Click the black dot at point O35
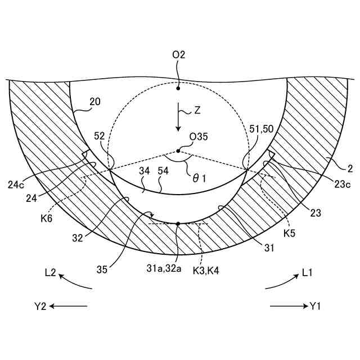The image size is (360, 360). tap(178, 151)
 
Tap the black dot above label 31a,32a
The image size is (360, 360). tap(178, 224)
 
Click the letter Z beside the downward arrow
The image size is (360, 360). tap(197, 111)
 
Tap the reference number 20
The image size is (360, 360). tap(95, 102)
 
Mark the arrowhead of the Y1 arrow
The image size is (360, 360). tap(303, 306)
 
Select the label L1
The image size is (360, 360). tap(307, 273)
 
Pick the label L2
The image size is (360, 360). tap(50, 273)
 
